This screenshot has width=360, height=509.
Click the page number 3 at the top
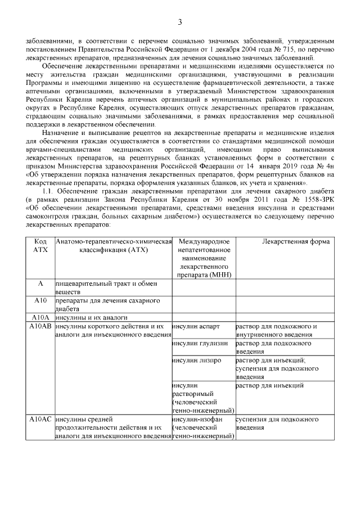(180, 22)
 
